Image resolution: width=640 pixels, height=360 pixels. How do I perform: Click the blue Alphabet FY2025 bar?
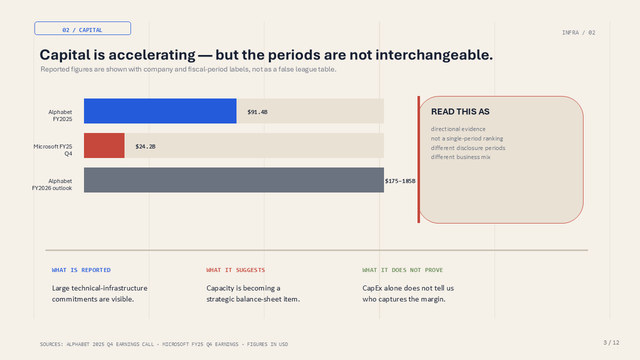click(x=160, y=111)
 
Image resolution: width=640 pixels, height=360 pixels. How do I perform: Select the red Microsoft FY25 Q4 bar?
click(x=104, y=145)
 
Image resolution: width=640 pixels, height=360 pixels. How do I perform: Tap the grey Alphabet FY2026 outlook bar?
click(x=233, y=180)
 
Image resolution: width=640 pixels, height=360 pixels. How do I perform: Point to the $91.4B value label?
click(x=257, y=112)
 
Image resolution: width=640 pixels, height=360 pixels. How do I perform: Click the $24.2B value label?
click(x=145, y=146)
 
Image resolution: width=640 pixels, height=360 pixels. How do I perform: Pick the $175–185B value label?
click(x=400, y=181)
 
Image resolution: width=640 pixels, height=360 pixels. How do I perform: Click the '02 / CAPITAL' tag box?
click(x=82, y=28)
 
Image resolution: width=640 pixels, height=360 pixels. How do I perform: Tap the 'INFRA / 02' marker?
click(x=578, y=32)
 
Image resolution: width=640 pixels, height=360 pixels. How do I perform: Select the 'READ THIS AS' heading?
click(x=460, y=111)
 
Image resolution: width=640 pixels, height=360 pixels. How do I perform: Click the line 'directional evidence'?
click(x=458, y=129)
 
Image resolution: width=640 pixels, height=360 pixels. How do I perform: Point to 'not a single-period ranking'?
click(x=467, y=138)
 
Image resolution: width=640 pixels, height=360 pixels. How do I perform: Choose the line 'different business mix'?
click(x=460, y=157)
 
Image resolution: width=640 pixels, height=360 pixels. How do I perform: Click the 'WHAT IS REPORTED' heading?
click(x=81, y=270)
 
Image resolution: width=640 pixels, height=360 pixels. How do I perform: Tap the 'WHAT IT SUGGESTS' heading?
click(x=235, y=270)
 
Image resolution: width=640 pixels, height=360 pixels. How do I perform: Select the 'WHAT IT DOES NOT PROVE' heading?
click(x=402, y=270)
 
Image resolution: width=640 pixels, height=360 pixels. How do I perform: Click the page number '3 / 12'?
click(x=611, y=342)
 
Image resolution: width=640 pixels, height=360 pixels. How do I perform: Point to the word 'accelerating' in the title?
click(x=151, y=55)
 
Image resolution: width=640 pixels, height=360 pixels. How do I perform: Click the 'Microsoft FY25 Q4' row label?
click(x=53, y=150)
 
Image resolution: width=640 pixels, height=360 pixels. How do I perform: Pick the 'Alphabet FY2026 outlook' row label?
click(x=52, y=184)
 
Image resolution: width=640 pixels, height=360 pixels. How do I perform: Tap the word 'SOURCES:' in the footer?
click(x=51, y=344)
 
